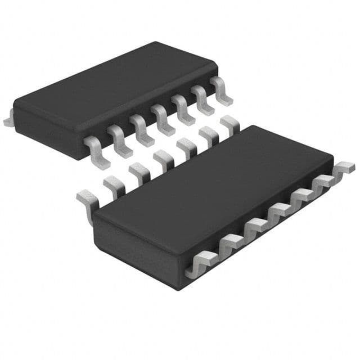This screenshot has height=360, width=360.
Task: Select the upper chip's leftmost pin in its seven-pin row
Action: [x=93, y=147]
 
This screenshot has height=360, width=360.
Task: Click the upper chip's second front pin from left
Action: [x=117, y=138]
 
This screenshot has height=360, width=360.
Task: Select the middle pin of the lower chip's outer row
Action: [x=279, y=213]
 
